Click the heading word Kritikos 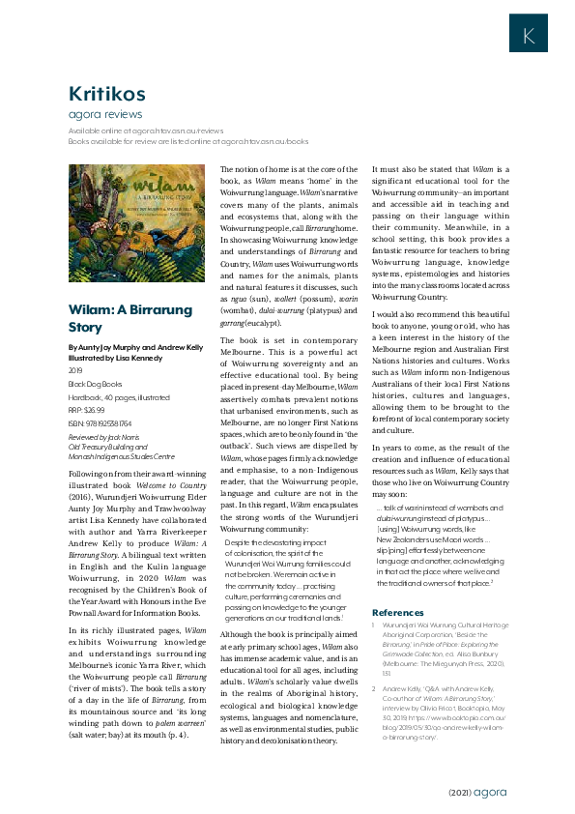(106, 93)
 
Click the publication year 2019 (76, 369)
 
